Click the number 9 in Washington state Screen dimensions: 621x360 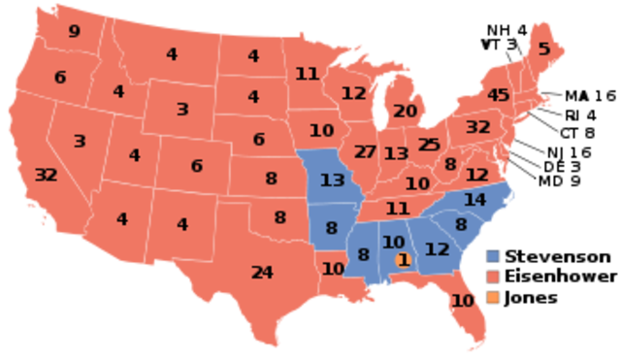[x=74, y=32]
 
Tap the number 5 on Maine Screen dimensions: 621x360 [x=543, y=49]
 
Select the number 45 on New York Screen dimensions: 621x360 [x=499, y=95]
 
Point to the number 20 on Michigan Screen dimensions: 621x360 [x=405, y=111]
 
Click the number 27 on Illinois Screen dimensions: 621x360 [x=365, y=151]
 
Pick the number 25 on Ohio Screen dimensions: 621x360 [x=429, y=145]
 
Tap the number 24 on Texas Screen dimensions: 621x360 [x=262, y=273]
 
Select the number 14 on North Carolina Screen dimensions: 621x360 [x=474, y=200]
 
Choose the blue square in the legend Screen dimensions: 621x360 [x=493, y=256]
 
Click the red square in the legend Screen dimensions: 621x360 [x=493, y=277]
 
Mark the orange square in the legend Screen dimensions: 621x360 [x=493, y=296]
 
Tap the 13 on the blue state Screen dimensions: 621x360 [x=332, y=180]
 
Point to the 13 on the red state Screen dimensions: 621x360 [x=396, y=153]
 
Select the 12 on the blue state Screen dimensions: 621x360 [x=438, y=249]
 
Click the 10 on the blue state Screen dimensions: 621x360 [x=393, y=242]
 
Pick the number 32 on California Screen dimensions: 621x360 [x=46, y=176]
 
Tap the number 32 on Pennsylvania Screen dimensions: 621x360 [x=477, y=127]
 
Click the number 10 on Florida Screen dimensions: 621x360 [x=463, y=301]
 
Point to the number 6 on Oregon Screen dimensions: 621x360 [x=60, y=78]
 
